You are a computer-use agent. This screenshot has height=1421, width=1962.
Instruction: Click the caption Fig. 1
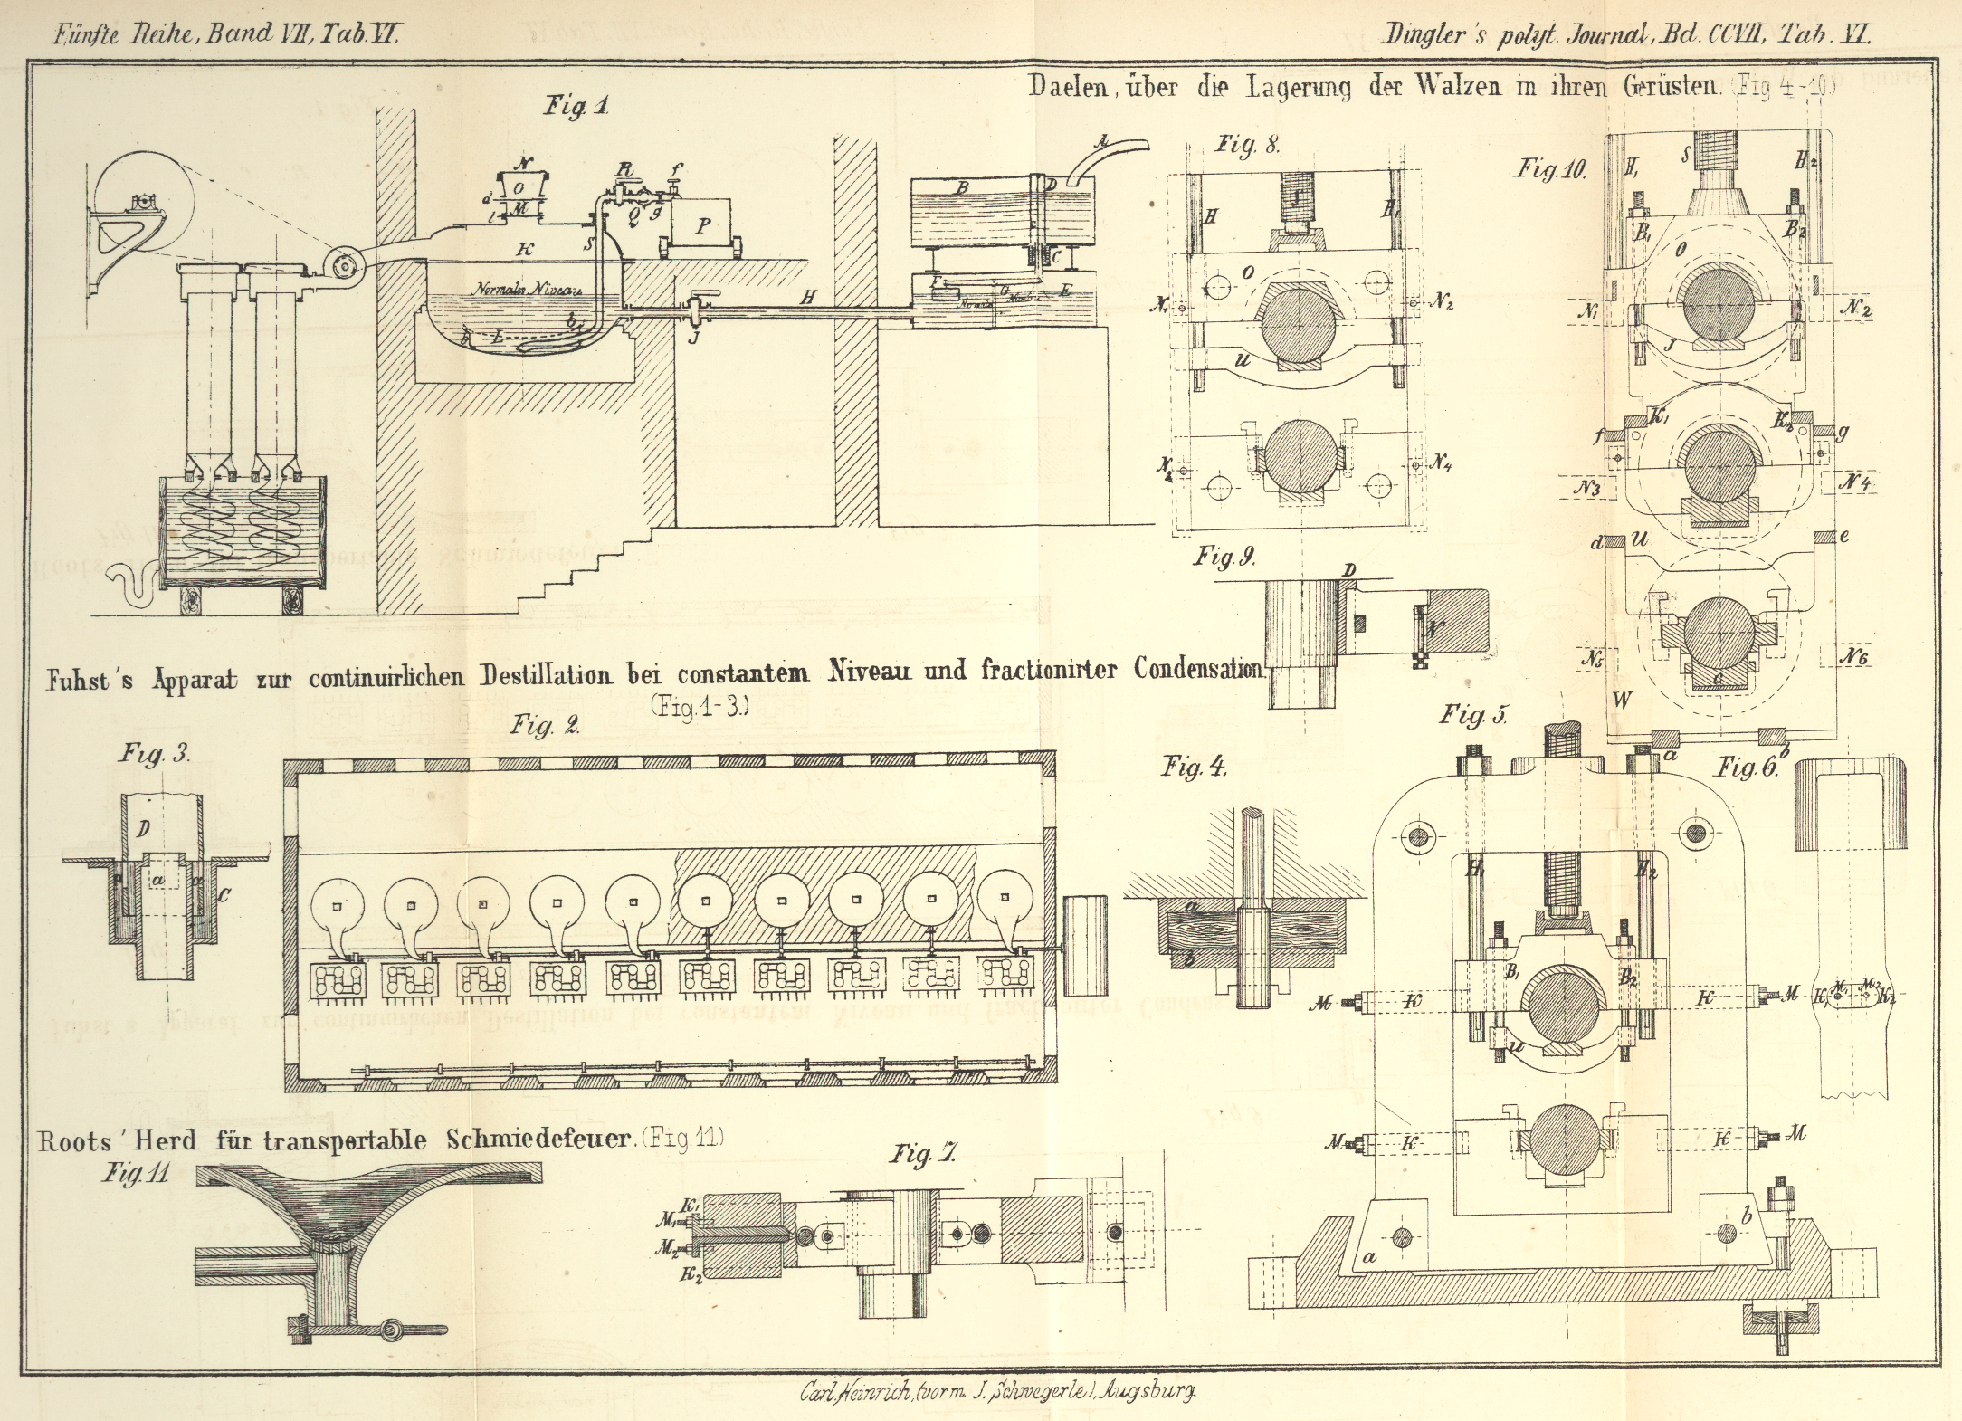576,106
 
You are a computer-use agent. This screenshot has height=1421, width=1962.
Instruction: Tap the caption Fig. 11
135,1174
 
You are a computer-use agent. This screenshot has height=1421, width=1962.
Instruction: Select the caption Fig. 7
923,1153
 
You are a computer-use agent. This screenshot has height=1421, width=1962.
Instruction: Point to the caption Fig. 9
1224,556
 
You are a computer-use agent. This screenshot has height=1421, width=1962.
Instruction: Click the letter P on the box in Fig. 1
702,226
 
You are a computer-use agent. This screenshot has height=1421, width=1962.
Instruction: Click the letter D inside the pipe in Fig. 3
142,829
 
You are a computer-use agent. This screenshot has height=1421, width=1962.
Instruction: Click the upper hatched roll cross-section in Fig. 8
1296,328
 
